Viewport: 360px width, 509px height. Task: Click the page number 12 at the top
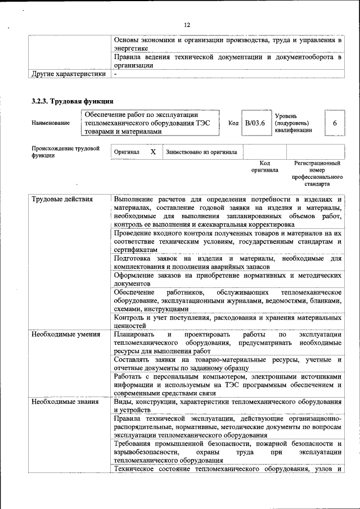coord(187,25)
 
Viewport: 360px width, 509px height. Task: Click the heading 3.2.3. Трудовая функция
coord(73,102)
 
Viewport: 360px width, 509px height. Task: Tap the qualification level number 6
coord(335,123)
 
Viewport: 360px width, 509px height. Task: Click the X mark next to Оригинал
coord(153,152)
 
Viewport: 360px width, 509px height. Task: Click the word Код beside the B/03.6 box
coord(233,123)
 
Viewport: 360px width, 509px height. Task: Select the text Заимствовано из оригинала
coord(201,152)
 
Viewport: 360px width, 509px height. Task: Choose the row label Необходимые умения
coord(62,335)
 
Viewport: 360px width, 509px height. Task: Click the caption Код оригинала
coord(264,166)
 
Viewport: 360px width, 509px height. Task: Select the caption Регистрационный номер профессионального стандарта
coord(317,173)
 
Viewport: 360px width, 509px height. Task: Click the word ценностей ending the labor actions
coord(130,326)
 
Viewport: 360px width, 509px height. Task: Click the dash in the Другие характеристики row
coord(115,74)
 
